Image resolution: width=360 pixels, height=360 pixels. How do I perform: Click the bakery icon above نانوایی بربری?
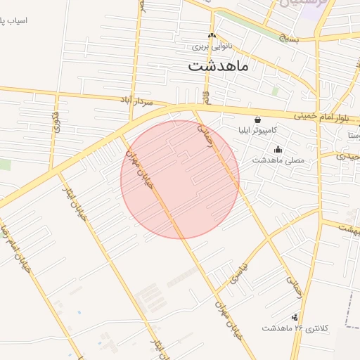(212, 37)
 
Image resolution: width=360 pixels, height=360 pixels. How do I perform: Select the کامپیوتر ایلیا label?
(257, 131)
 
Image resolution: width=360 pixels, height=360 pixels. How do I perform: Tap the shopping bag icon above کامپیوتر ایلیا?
(257, 120)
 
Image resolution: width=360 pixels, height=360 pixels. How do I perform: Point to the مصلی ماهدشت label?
(278, 160)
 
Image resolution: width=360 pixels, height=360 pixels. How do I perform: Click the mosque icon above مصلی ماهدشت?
(278, 149)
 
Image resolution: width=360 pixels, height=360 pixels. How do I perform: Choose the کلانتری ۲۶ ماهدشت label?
(292, 328)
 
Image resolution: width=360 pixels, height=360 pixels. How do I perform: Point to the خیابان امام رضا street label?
(15, 249)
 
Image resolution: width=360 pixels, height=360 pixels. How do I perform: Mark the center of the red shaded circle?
(180, 179)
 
